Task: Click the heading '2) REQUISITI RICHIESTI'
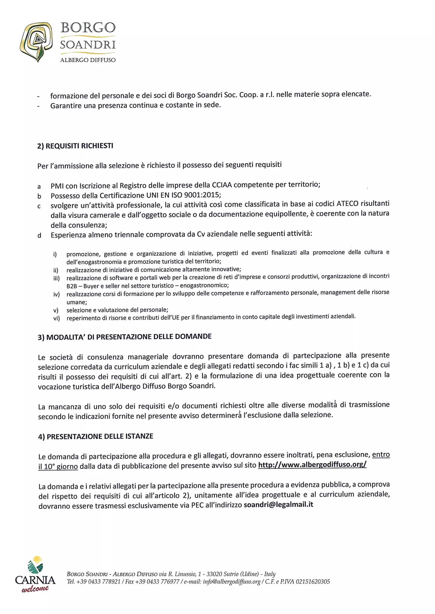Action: point(75,146)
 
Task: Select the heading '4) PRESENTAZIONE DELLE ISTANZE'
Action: point(96,436)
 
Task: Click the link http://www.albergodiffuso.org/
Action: point(312,465)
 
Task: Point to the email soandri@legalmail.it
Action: point(278,505)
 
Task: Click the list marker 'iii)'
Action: point(56,278)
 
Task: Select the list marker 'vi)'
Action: point(56,318)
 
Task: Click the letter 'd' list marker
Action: point(39,236)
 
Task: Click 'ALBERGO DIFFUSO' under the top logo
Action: point(88,60)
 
